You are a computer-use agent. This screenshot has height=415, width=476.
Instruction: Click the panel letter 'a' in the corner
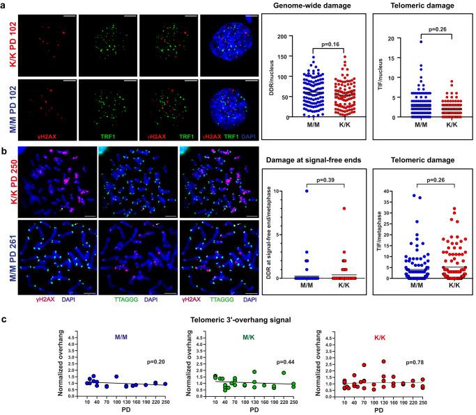pos(4,5)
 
